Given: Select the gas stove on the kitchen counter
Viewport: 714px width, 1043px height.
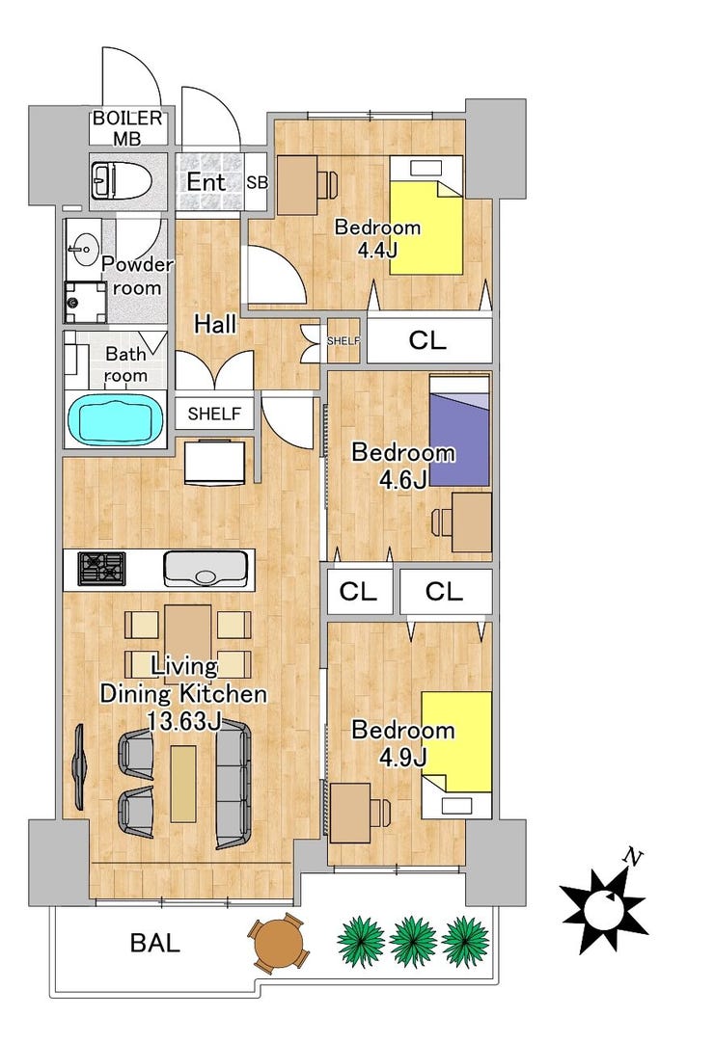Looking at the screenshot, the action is coord(102,569).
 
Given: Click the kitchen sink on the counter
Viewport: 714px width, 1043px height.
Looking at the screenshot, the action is coord(206,570).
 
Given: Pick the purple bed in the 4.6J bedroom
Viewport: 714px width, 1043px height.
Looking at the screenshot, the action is coord(459,430).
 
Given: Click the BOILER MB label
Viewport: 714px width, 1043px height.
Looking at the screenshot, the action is coord(127,128).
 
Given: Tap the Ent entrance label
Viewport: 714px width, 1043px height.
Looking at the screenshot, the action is coord(206,182).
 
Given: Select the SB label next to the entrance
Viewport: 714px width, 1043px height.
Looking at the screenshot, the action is coord(257,182).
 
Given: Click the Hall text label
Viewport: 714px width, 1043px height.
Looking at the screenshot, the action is coord(215,325).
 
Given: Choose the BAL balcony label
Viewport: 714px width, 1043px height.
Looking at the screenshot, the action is coord(154,943).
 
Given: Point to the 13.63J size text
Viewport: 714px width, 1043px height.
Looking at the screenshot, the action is coord(184,722).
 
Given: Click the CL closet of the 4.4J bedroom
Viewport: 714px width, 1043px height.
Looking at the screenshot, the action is coord(429,340).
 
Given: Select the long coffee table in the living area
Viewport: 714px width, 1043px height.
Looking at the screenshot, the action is coord(183,784).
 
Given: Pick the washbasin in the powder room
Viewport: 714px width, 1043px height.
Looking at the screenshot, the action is coord(84,250).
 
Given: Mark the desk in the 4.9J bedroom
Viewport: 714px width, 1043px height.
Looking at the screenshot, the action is coord(350,813).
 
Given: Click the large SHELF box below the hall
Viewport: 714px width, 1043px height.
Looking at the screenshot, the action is coord(214,414).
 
